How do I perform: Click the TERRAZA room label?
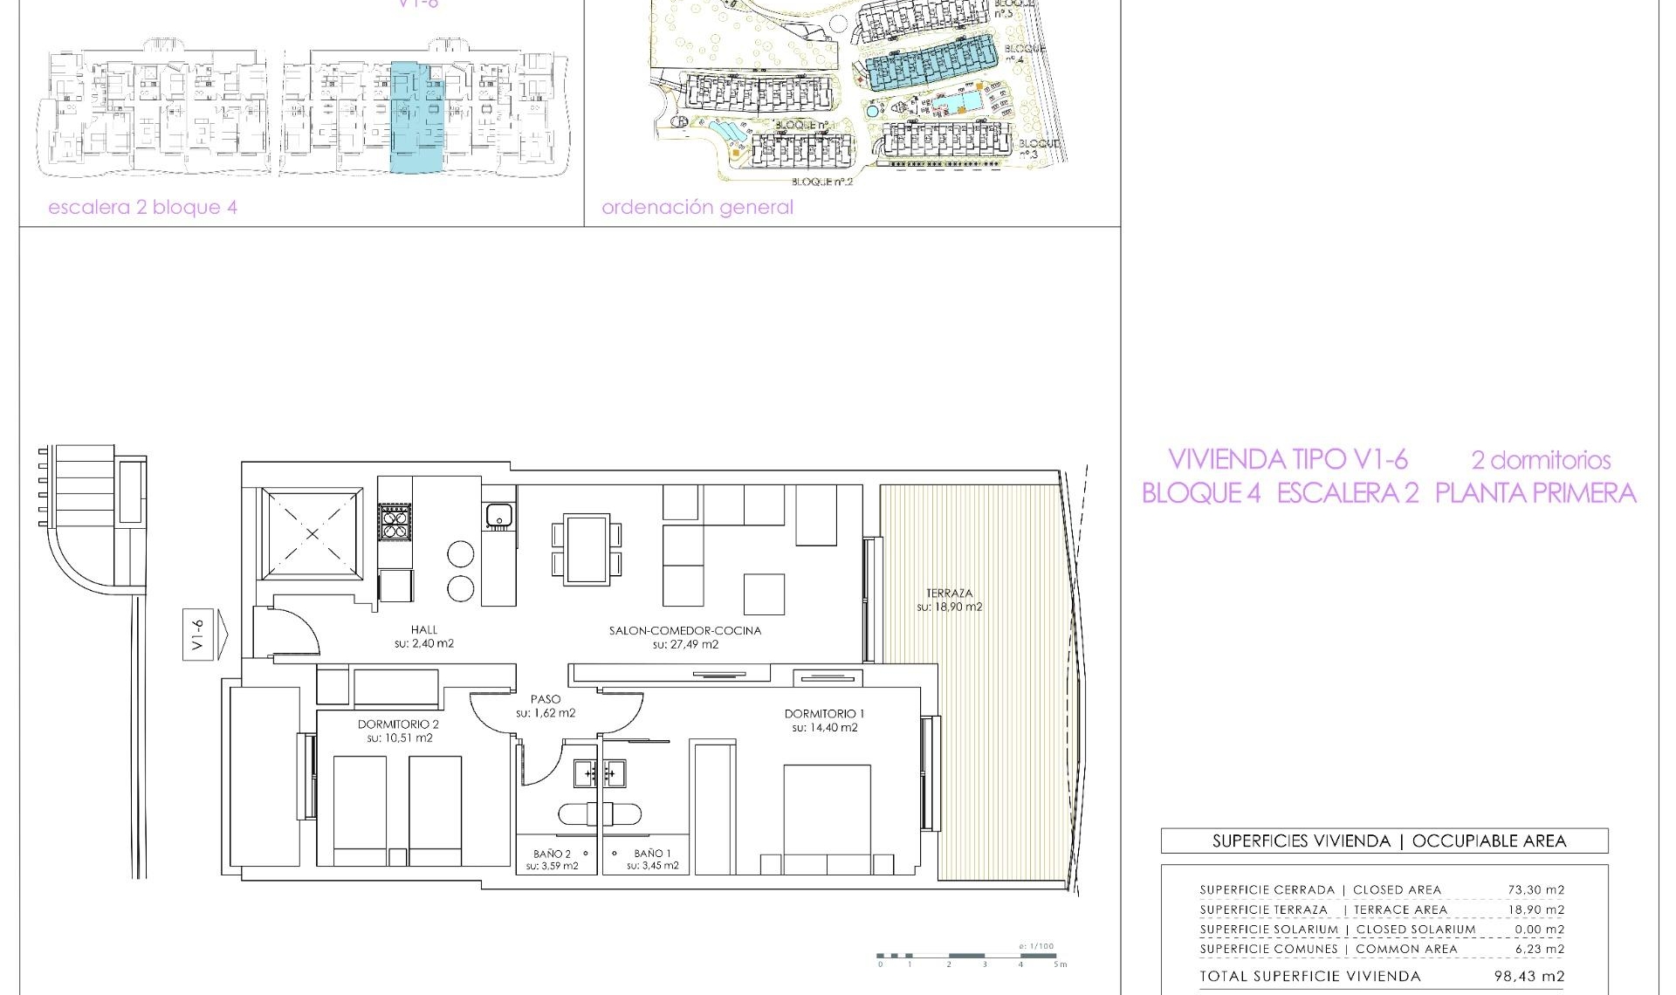(x=949, y=593)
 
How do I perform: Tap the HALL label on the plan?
(x=424, y=629)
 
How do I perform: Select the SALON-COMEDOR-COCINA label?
(x=685, y=630)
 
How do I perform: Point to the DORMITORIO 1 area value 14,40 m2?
(x=825, y=728)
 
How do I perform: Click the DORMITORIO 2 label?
(x=398, y=724)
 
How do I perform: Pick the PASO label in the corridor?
(x=546, y=699)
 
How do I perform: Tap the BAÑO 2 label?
(x=552, y=854)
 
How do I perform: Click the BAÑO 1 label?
(x=653, y=854)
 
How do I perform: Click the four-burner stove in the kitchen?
(x=394, y=522)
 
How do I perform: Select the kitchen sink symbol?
(x=499, y=516)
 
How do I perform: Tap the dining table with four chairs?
(x=587, y=549)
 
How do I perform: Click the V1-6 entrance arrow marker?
(x=204, y=635)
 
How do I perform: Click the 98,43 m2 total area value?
(x=1529, y=977)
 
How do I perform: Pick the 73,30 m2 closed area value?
(x=1535, y=890)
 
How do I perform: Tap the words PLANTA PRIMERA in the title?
(x=1535, y=494)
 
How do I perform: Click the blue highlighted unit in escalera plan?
(x=417, y=118)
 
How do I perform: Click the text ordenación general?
(x=697, y=208)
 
